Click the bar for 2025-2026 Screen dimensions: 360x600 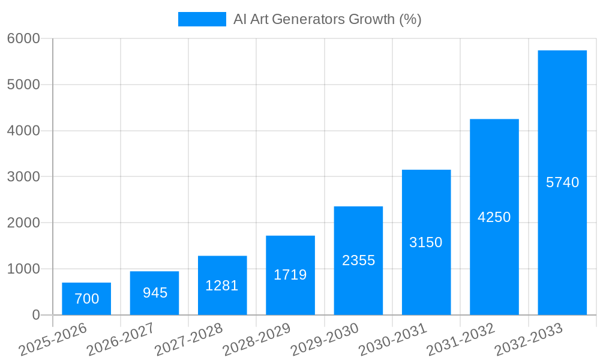[x=86, y=299]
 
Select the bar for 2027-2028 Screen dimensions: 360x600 [x=222, y=286]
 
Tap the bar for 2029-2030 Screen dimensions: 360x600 [x=358, y=260]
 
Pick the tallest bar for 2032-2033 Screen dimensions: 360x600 [x=562, y=182]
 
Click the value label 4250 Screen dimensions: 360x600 [x=494, y=217]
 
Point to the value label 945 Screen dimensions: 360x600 [x=155, y=293]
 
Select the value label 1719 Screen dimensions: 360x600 [x=290, y=275]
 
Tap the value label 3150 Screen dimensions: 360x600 [x=426, y=242]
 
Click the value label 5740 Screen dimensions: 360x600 [x=562, y=182]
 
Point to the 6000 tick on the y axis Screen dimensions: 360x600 [x=23, y=38]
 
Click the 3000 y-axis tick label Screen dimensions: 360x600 [x=23, y=177]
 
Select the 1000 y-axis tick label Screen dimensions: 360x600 [x=23, y=269]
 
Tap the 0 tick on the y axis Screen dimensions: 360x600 [x=35, y=315]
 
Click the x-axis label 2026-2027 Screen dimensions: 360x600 [x=121, y=339]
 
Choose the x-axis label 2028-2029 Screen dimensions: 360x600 [x=257, y=339]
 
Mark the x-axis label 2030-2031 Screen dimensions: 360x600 [x=392, y=339]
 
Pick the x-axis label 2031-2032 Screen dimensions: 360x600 [x=461, y=339]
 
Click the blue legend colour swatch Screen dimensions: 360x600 [x=202, y=19]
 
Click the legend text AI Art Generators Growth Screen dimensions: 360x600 [x=327, y=19]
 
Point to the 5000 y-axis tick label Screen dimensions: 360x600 [x=23, y=85]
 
